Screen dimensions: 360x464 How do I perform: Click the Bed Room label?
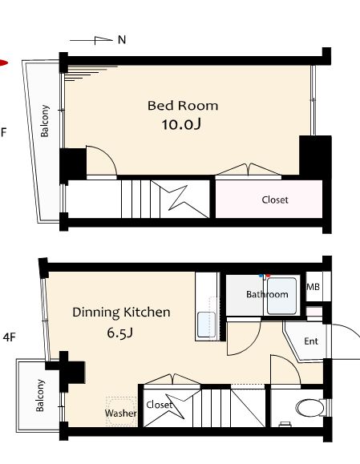point(183,106)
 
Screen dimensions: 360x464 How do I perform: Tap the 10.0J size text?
point(181,124)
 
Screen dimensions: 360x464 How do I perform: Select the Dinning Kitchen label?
point(121,313)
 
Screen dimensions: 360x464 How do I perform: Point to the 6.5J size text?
point(119,333)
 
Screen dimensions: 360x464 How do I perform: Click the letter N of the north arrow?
point(122,39)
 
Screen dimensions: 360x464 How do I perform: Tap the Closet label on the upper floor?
point(275,200)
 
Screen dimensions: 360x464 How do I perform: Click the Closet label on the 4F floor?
point(160,405)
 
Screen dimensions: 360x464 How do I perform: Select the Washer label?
point(121,413)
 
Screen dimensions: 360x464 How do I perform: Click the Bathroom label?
point(267,294)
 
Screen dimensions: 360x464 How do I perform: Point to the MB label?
point(313,287)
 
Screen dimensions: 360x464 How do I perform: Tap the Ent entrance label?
point(311,341)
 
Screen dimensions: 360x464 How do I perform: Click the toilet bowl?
point(310,408)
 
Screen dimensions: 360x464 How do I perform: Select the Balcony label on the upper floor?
point(45,121)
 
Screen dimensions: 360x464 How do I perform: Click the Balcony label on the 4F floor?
point(40,395)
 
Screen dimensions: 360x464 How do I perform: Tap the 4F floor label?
point(9,337)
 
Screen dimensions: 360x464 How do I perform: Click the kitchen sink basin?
point(206,325)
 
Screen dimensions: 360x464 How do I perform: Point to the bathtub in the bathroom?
point(281,296)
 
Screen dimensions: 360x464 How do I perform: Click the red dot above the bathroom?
point(269,276)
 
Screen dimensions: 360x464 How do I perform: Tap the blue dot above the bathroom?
point(261,276)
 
